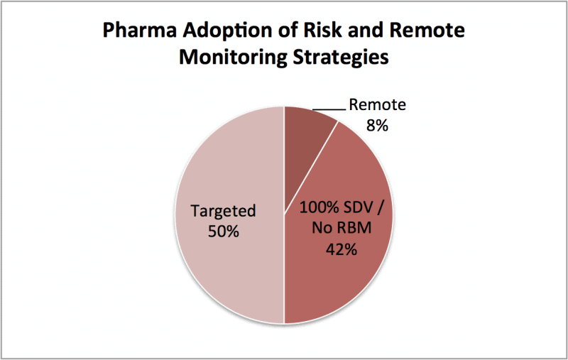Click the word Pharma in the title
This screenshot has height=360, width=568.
pyautogui.click(x=140, y=30)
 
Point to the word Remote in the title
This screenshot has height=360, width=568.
pyautogui.click(x=427, y=30)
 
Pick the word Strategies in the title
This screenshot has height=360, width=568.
pyautogui.click(x=341, y=58)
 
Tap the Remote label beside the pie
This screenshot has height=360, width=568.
pyautogui.click(x=378, y=104)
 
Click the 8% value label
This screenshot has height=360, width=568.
pyautogui.click(x=377, y=126)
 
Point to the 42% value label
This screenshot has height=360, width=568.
pyautogui.click(x=341, y=249)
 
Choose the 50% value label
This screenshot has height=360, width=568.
pyautogui.click(x=224, y=231)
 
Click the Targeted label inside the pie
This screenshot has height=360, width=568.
pyautogui.click(x=223, y=211)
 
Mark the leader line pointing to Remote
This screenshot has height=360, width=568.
pyautogui.click(x=329, y=109)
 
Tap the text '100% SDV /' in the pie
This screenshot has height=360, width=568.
pyautogui.click(x=341, y=208)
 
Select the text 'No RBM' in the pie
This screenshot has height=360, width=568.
pyautogui.click(x=342, y=228)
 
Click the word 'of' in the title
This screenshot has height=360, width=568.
pyautogui.click(x=288, y=30)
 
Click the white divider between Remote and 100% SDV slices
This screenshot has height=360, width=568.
pyautogui.click(x=312, y=167)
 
